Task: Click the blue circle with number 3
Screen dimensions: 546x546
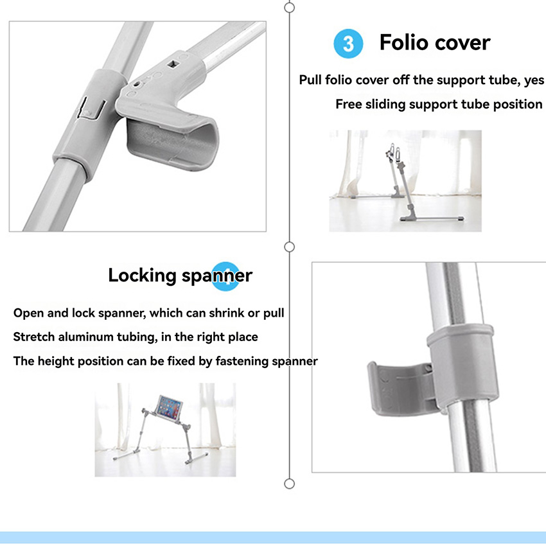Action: [348, 44]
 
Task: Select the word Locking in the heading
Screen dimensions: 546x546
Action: [142, 276]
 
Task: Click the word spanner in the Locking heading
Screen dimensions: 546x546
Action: [216, 276]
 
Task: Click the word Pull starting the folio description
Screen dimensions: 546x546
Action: [310, 80]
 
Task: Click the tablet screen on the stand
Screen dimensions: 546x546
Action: [169, 408]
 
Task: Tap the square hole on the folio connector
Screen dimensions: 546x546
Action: [173, 64]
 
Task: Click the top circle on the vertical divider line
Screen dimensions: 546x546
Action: [289, 7]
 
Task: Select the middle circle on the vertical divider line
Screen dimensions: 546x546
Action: [289, 247]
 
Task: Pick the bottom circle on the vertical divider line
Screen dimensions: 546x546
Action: [289, 484]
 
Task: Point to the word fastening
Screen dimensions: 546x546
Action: [242, 361]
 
